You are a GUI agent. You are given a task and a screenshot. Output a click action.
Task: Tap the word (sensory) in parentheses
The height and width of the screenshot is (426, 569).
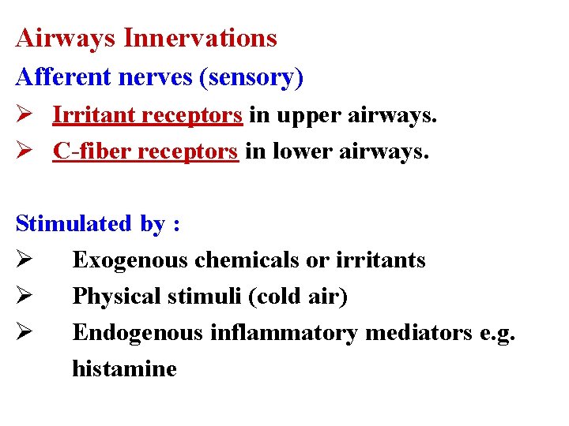tap(252, 77)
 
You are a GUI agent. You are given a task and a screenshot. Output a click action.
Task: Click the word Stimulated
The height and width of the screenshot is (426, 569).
tap(73, 223)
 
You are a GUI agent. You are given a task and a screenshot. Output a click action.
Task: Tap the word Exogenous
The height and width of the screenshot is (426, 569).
tap(130, 260)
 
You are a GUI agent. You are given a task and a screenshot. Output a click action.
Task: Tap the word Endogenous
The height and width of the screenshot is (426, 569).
tap(138, 333)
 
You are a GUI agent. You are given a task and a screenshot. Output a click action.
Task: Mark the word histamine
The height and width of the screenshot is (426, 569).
tap(124, 368)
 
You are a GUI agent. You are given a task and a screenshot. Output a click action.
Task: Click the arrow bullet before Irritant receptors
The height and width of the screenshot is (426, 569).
tap(24, 115)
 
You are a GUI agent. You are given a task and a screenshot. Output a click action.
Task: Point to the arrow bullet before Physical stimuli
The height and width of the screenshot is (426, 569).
tap(24, 297)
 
